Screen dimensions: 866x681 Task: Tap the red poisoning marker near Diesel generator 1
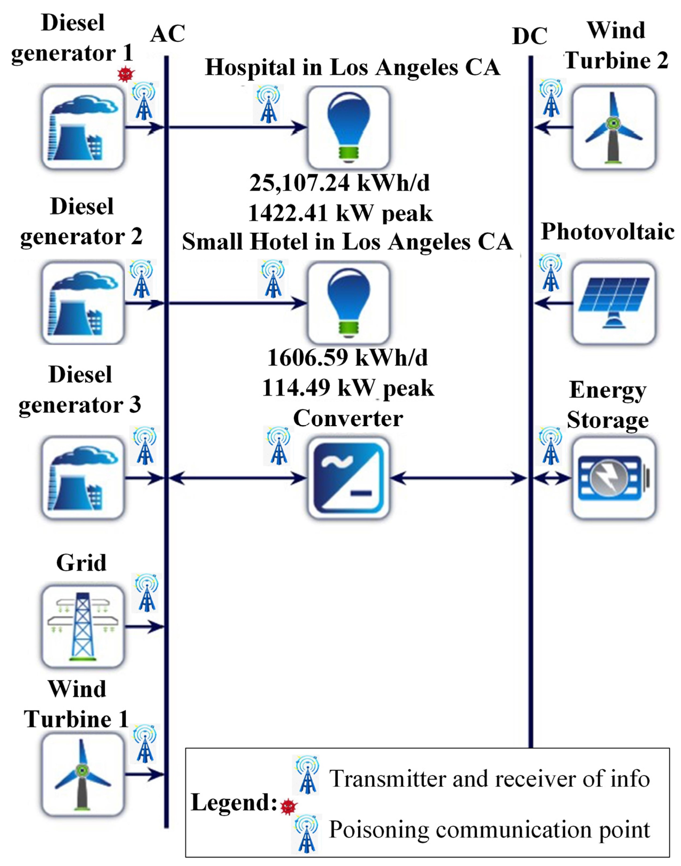tap(126, 74)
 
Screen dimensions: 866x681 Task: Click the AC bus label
tap(168, 34)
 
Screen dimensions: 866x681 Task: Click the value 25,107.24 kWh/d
tap(340, 183)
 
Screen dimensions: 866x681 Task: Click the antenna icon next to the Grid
tap(147, 593)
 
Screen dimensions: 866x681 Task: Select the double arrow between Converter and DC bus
tap(459, 478)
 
